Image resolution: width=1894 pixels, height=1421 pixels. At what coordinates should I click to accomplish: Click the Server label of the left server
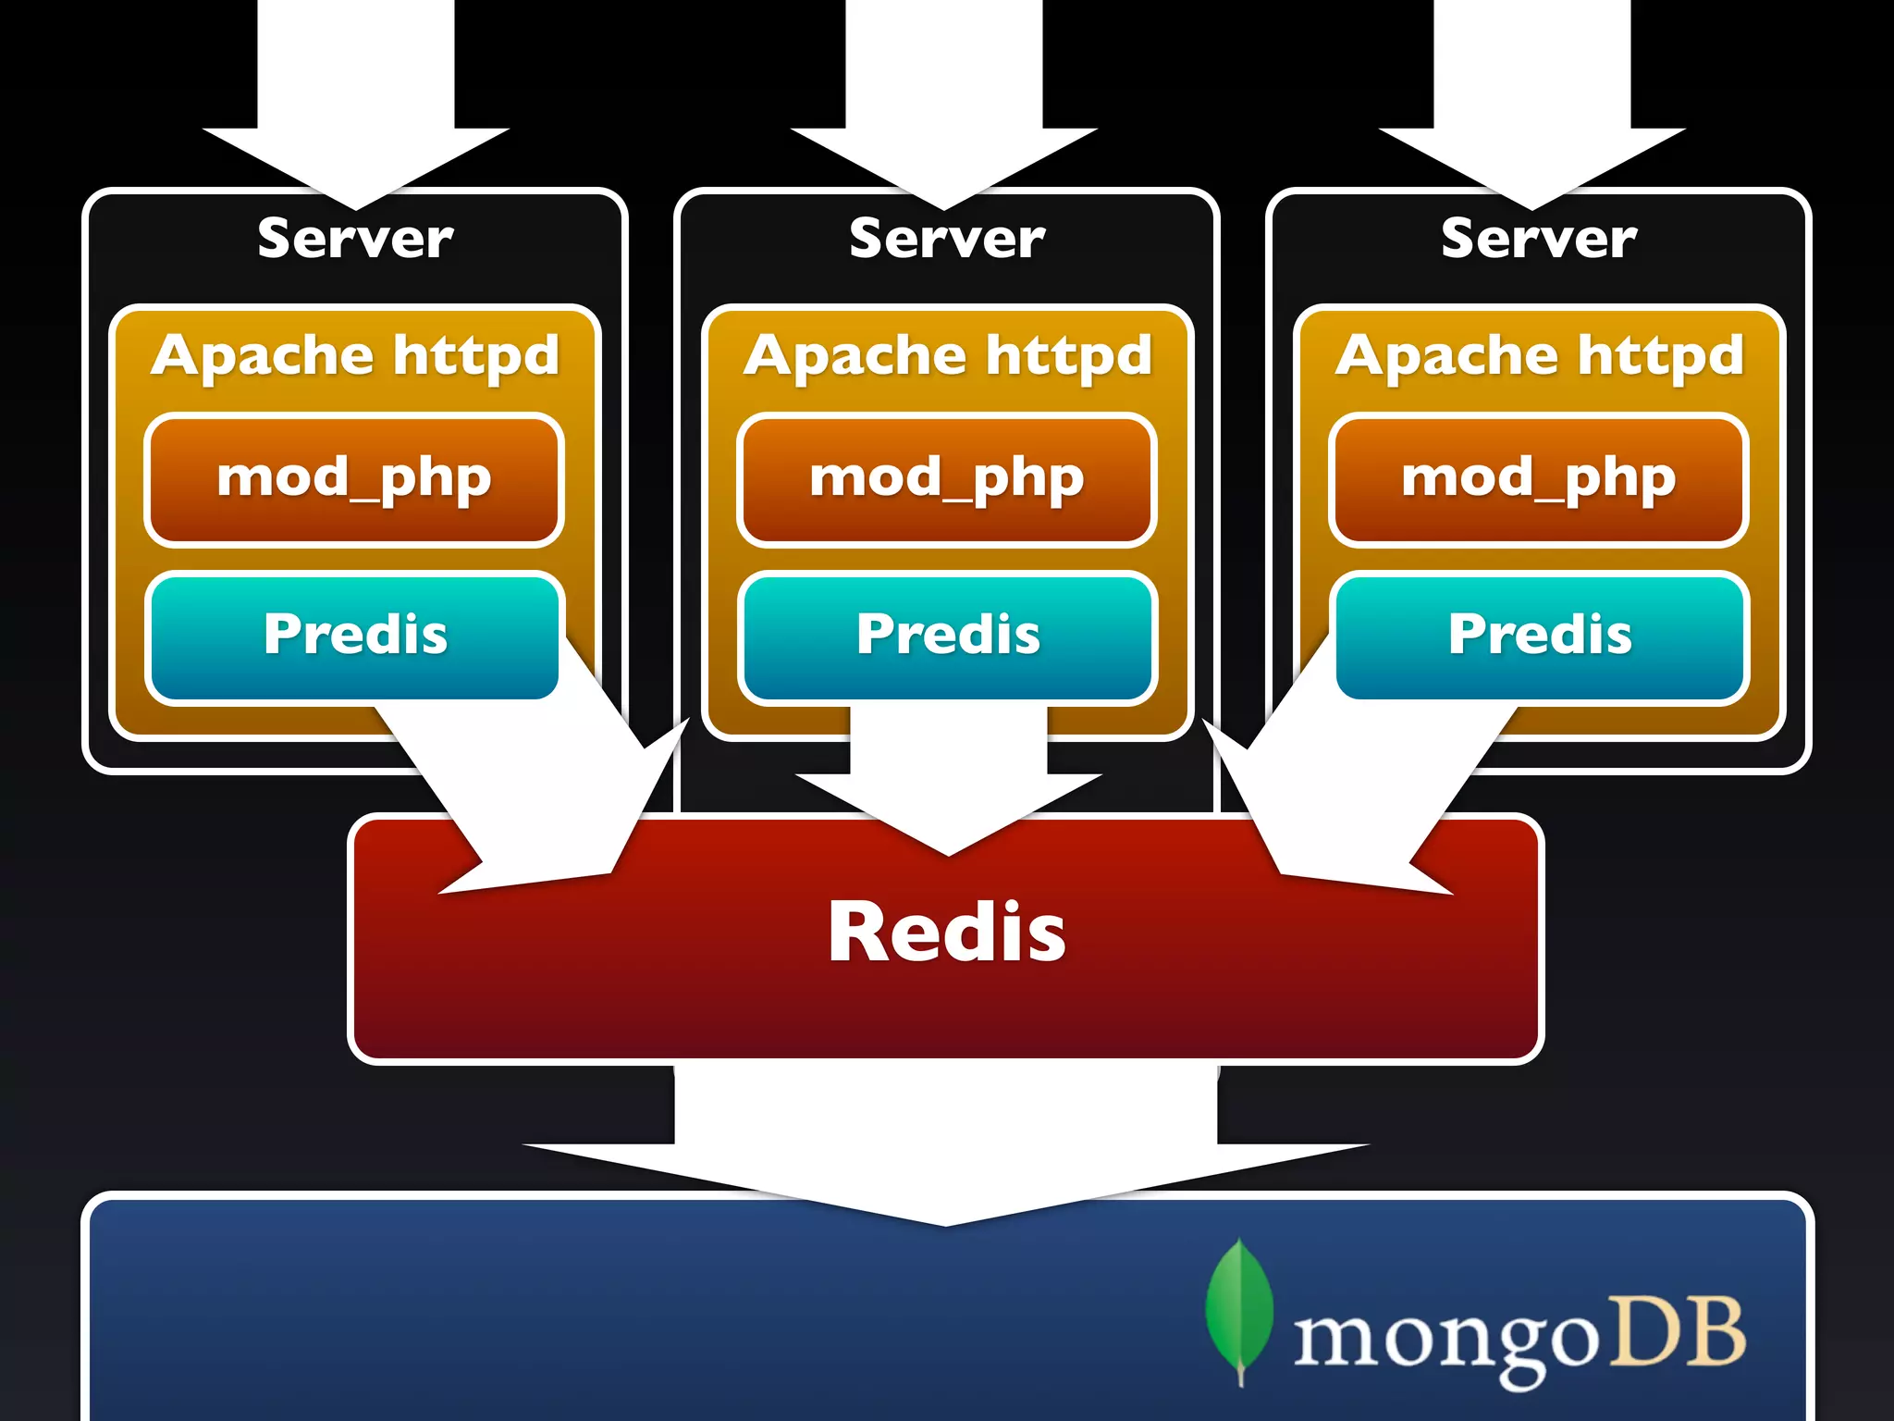pyautogui.click(x=355, y=239)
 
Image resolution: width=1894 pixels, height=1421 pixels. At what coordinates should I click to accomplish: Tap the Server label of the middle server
pyautogui.click(x=947, y=239)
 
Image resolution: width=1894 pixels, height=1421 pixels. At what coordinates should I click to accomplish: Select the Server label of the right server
pyautogui.click(x=1539, y=239)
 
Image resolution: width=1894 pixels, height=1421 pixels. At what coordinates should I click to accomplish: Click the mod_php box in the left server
pyautogui.click(x=354, y=479)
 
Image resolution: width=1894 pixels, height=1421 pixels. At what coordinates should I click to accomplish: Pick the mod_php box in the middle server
pyautogui.click(x=947, y=479)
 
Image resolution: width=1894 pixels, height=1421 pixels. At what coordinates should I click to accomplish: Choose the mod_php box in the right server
pyautogui.click(x=1539, y=479)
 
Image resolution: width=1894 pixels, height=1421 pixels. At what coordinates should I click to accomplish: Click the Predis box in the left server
pyautogui.click(x=354, y=636)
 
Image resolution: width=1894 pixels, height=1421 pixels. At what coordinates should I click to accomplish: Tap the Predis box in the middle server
pyautogui.click(x=947, y=636)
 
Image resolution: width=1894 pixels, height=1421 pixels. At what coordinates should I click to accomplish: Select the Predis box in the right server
pyautogui.click(x=1539, y=636)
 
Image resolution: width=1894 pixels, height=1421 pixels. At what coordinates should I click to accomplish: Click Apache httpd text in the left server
pyautogui.click(x=355, y=356)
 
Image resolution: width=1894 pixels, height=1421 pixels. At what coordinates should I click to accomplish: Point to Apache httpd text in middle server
pyautogui.click(x=947, y=356)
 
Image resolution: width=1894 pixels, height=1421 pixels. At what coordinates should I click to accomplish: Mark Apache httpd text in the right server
pyautogui.click(x=1539, y=356)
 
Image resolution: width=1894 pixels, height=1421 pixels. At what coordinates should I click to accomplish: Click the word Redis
pyautogui.click(x=946, y=933)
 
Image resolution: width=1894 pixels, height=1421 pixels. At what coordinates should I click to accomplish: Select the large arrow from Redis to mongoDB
pyautogui.click(x=946, y=1147)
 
